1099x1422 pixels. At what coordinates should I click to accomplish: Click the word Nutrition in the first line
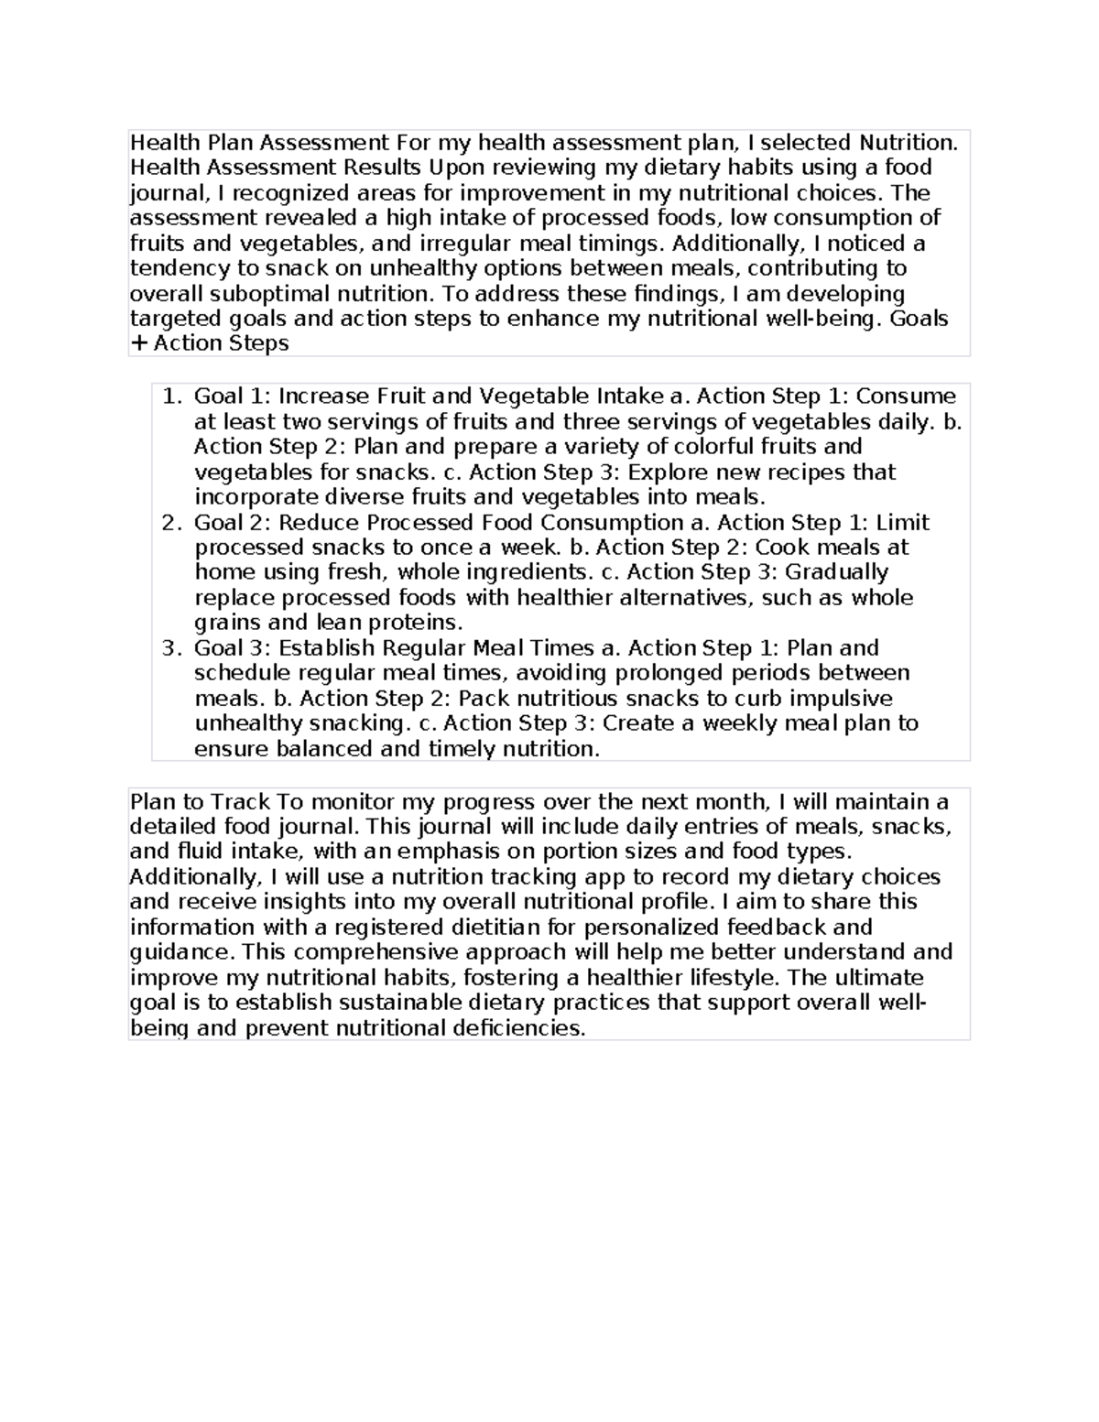point(907,143)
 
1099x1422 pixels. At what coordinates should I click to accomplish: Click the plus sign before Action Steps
point(138,344)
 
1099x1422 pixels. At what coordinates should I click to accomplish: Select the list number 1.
point(169,396)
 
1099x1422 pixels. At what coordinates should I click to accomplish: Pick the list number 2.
point(169,523)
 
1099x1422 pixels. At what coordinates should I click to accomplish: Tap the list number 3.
point(169,648)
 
